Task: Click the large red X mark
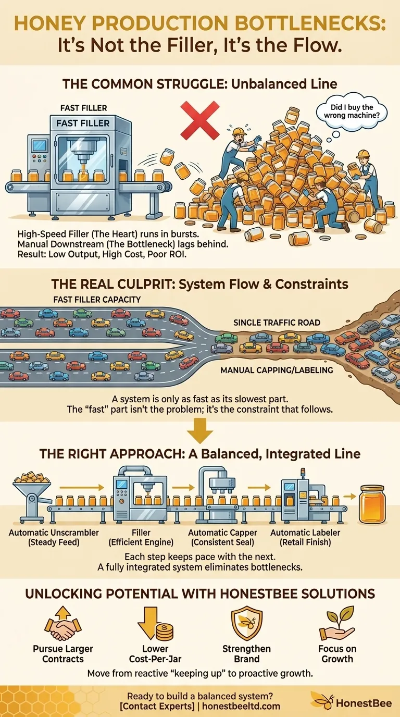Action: click(200, 120)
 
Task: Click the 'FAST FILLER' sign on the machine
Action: click(83, 123)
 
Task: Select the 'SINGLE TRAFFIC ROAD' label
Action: click(277, 323)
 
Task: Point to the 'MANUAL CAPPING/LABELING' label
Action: click(277, 370)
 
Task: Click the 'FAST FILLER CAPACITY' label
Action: click(97, 300)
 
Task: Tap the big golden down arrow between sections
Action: click(200, 430)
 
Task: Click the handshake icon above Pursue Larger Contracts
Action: click(63, 623)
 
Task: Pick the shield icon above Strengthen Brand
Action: click(247, 623)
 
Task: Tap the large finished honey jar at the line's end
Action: click(372, 504)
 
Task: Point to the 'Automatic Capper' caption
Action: click(222, 533)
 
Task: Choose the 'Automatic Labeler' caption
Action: click(305, 533)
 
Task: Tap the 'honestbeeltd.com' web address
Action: click(241, 706)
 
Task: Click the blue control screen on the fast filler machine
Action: click(40, 146)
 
